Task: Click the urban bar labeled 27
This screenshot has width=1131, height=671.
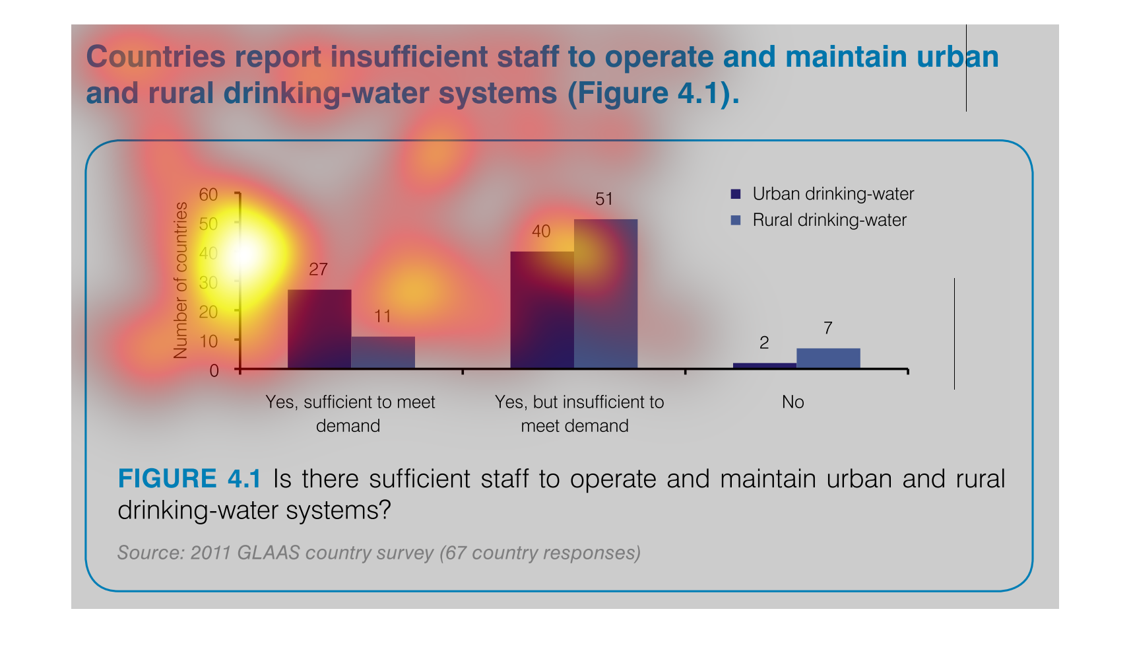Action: coord(319,329)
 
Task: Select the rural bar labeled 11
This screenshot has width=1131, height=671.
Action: coord(383,352)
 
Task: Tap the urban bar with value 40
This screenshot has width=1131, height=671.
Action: coord(542,310)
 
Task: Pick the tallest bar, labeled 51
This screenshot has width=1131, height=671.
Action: coord(606,293)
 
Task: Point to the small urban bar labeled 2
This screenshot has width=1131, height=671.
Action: coord(764,365)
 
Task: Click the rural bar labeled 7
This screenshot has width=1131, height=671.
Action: coord(828,358)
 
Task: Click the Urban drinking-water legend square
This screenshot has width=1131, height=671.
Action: coord(736,194)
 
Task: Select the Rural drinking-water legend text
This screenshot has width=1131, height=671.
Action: coord(829,220)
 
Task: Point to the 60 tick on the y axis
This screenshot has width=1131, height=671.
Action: coord(209,195)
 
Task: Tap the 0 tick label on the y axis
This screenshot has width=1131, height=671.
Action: coord(214,371)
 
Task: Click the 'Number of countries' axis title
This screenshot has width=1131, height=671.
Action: coord(180,281)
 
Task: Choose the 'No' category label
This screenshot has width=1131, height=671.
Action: coord(792,402)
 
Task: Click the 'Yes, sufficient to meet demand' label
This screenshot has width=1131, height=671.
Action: coord(350,413)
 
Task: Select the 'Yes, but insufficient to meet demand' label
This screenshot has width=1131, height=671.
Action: coord(579,413)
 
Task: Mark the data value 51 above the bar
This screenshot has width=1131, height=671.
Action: coord(604,199)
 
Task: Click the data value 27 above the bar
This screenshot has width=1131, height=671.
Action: coord(318,269)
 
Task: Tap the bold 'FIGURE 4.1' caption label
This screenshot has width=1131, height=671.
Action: coord(189,479)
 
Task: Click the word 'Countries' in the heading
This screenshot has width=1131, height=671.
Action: coord(156,57)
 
